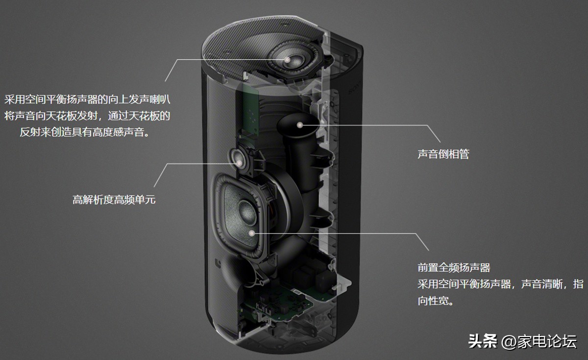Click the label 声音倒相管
tap(443, 154)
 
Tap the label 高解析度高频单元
tap(114, 199)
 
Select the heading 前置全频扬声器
tap(454, 267)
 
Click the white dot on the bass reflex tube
tap(298, 125)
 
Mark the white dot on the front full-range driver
tap(252, 233)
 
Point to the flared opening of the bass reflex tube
tap(294, 125)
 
